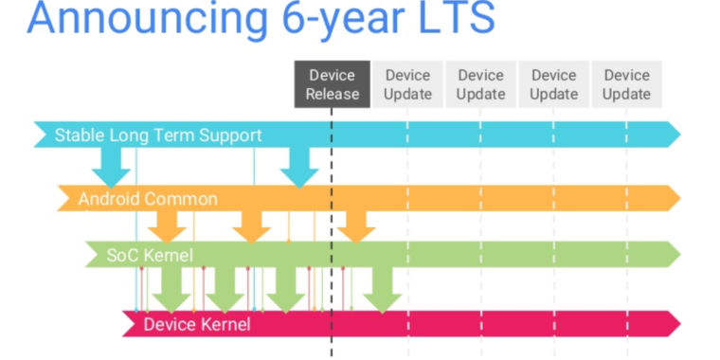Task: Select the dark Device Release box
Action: tap(332, 84)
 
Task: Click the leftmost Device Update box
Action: tap(407, 84)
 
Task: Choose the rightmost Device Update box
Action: tap(626, 84)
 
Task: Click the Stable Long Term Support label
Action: tap(157, 135)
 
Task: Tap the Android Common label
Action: tap(148, 199)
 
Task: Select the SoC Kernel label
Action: tap(151, 255)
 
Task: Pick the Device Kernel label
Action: tap(197, 325)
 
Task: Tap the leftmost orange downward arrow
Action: tap(168, 225)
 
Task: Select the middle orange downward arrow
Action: tap(251, 225)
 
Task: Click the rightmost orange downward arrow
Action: tap(356, 225)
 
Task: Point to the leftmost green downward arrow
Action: tap(171, 289)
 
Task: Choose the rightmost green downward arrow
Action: tap(383, 289)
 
